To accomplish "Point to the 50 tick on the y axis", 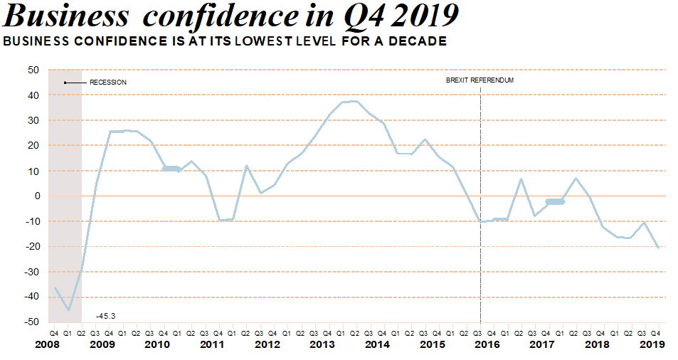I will point(33,70).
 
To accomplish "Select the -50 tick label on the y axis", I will point(31,322).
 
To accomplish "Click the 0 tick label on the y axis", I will point(36,196).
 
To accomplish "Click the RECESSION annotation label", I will point(108,83).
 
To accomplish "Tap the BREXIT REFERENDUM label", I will point(480,80).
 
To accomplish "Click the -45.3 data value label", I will point(106,315).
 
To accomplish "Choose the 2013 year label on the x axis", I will point(322,344).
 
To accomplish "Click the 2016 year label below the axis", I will point(487,344).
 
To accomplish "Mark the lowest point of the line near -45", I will point(69,310).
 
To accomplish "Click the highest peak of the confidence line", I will point(354,101).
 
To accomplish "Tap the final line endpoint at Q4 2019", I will point(658,248).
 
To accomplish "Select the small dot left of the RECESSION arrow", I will point(65,83).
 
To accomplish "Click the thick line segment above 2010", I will point(171,169).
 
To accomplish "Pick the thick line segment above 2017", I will point(554,202).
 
